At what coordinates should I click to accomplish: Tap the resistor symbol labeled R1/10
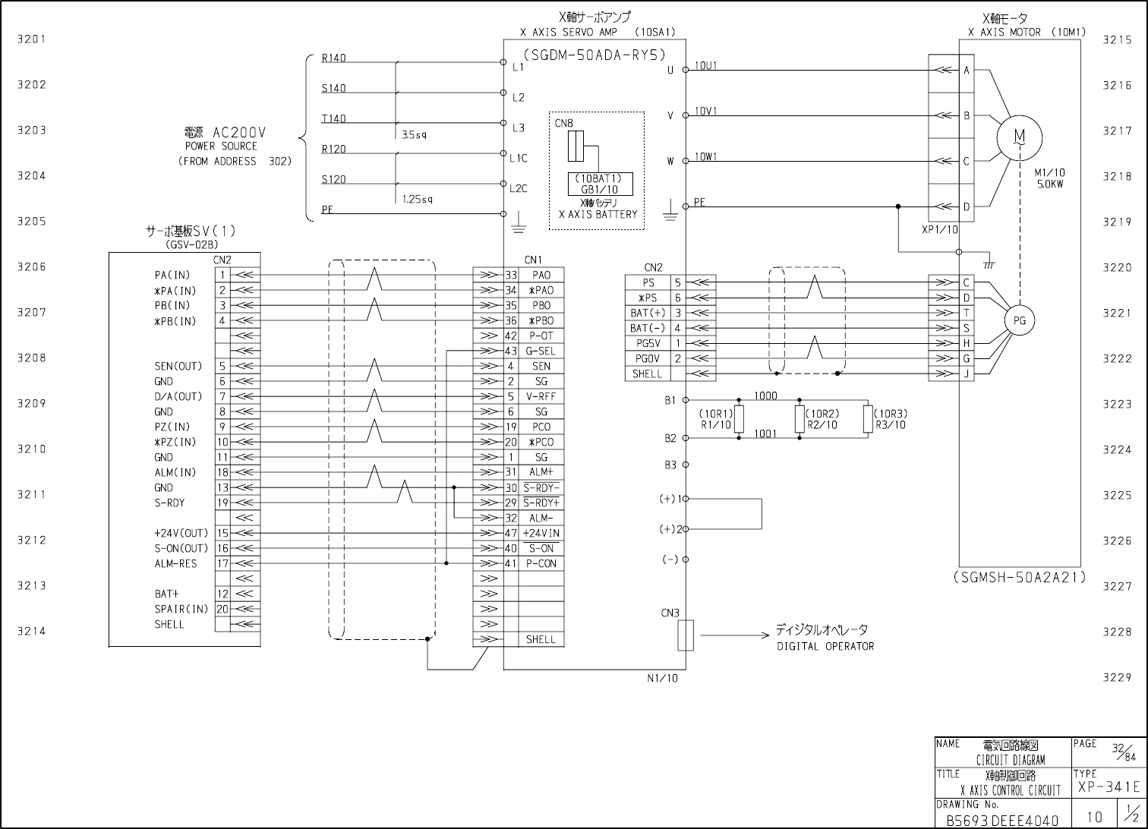739,419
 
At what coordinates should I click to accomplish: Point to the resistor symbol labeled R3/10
868,419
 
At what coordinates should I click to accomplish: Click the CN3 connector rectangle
686,635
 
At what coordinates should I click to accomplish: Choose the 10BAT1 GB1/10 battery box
600,184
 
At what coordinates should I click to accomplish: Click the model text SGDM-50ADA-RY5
594,55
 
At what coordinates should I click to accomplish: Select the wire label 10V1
705,111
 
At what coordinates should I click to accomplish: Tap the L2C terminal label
518,188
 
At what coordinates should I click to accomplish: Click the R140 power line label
333,58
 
